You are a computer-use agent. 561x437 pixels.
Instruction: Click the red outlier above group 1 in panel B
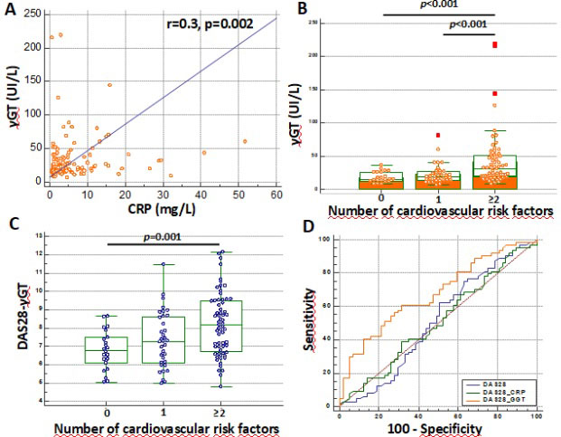(x=438, y=136)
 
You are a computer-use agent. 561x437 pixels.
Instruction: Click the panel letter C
(x=10, y=224)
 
